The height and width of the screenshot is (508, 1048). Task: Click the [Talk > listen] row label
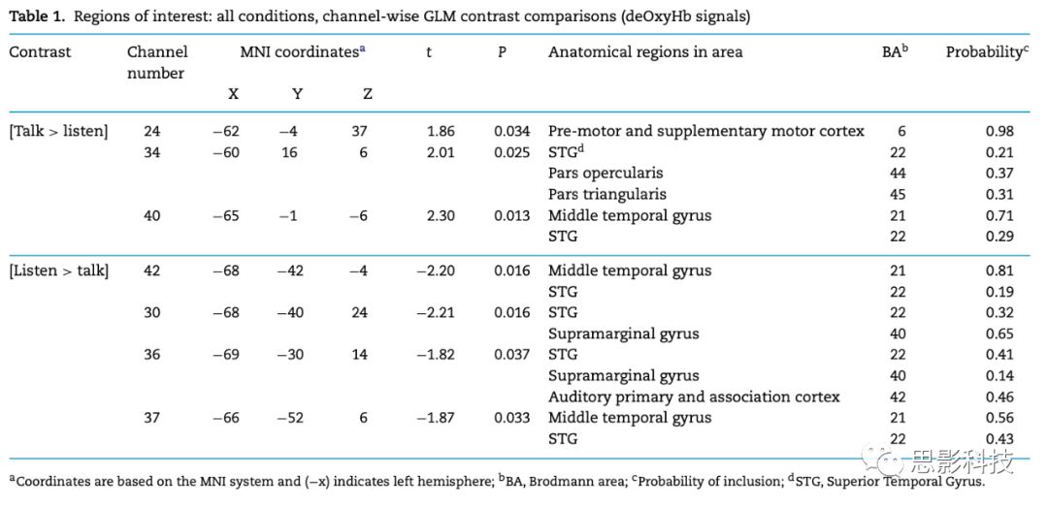tap(58, 131)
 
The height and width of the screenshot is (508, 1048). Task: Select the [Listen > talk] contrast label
tap(58, 270)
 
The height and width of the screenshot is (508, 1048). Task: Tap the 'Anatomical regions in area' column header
tap(645, 51)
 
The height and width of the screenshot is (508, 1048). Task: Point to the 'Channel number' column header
tap(157, 62)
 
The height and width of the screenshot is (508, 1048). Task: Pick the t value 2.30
tap(441, 215)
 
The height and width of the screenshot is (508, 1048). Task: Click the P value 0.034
tap(511, 131)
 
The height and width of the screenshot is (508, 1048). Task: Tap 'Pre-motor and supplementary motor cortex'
tap(705, 131)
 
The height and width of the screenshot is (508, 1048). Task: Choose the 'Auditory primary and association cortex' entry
tap(694, 397)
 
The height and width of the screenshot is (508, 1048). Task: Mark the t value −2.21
tap(436, 312)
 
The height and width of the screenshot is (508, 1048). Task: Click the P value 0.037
tap(511, 355)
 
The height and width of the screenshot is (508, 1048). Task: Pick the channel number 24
tap(152, 131)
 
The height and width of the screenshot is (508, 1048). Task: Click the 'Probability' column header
tap(986, 51)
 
